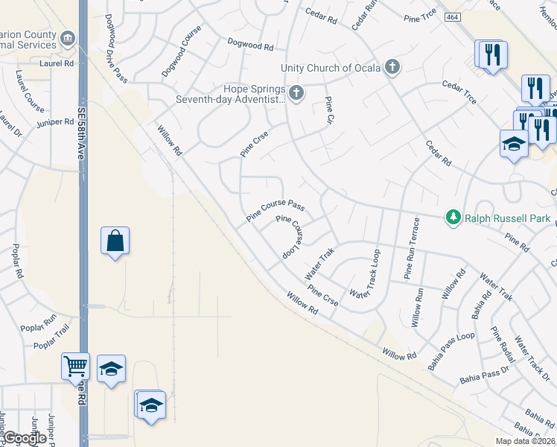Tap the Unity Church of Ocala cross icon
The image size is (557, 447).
click(392, 68)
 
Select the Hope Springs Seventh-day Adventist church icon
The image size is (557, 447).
click(296, 93)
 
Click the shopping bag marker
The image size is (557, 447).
click(115, 241)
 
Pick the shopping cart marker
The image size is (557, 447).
click(76, 366)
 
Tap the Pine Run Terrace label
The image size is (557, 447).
click(412, 250)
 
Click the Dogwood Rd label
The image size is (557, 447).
click(250, 45)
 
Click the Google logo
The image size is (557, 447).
click(24, 438)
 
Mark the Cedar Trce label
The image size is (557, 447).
click(459, 97)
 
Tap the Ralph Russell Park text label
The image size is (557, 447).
click(507, 218)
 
